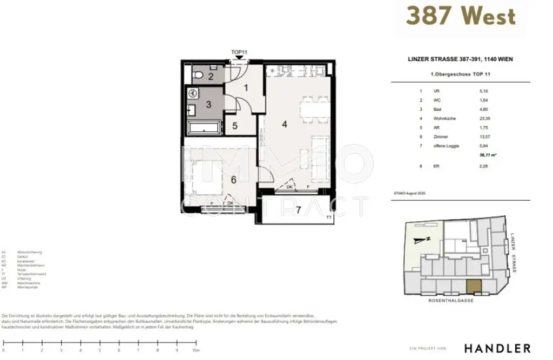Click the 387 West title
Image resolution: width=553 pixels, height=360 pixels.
click(x=460, y=17)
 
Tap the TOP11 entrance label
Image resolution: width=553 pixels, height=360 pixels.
click(x=239, y=52)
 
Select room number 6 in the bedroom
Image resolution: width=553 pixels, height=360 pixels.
click(x=233, y=180)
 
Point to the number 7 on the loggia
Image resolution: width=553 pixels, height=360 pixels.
click(x=298, y=210)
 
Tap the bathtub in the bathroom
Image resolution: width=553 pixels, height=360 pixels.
click(x=204, y=128)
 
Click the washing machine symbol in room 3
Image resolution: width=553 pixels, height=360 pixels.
click(x=192, y=92)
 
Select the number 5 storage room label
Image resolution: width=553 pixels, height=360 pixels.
click(x=235, y=126)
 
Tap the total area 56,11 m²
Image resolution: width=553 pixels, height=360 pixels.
click(x=488, y=155)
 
